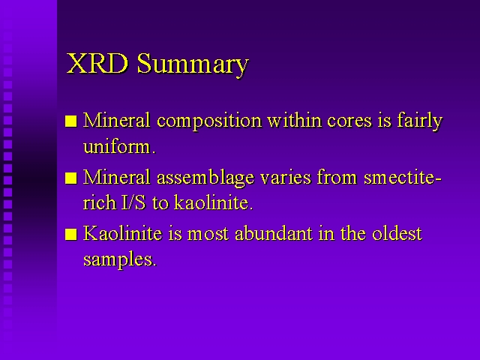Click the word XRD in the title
coord(97,63)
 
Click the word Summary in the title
coord(193,65)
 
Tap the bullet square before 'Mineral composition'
coord(71,121)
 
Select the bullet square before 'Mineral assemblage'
coord(71,178)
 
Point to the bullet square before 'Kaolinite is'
coord(71,235)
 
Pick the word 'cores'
coord(349,121)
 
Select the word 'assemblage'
coord(205,178)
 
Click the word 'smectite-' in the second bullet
coord(403,178)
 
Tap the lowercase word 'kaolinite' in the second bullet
coord(211,202)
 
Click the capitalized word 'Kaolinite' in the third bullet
coord(123,233)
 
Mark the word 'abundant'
coord(273,233)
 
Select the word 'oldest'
coord(397,233)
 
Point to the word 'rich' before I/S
coord(100,202)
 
